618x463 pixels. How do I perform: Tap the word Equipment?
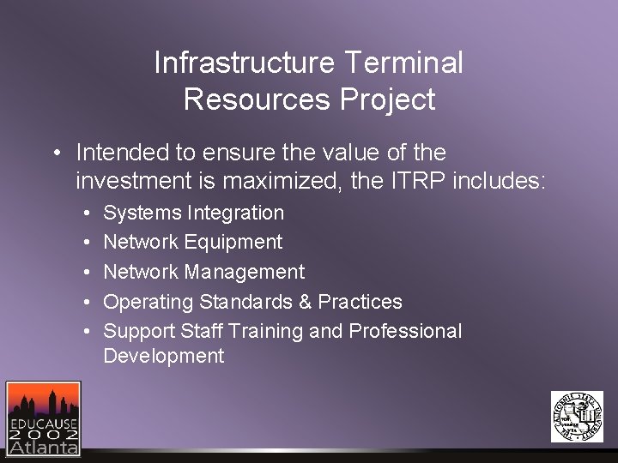pyautogui.click(x=232, y=243)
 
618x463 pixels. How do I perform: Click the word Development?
pyautogui.click(x=163, y=356)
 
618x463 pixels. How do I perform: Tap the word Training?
pyautogui.click(x=263, y=331)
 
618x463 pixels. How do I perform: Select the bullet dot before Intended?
pyautogui.click(x=54, y=153)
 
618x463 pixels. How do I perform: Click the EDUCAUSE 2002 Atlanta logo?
pyautogui.click(x=43, y=418)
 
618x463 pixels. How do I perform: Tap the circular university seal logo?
pyautogui.click(x=577, y=417)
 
